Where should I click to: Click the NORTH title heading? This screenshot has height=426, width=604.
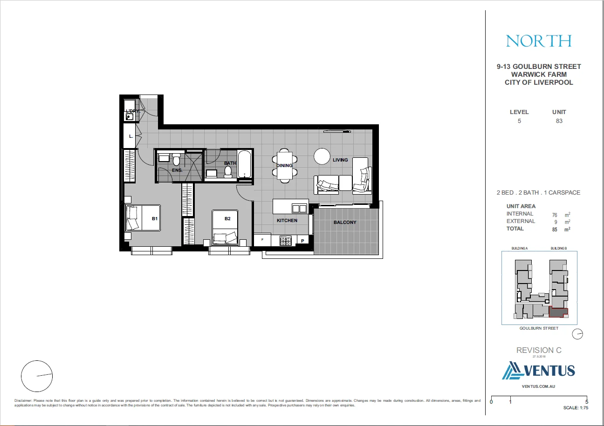539,41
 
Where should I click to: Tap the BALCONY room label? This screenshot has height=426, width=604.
345,223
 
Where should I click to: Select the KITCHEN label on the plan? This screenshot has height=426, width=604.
287,220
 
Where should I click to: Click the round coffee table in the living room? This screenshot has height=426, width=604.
322,156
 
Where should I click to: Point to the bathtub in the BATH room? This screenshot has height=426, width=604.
245,164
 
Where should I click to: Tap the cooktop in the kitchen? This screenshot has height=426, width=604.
285,241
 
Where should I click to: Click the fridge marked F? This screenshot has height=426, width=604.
263,240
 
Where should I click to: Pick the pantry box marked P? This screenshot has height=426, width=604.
302,241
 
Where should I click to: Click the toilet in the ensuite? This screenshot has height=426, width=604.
176,161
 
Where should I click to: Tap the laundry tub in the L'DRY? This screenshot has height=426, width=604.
130,117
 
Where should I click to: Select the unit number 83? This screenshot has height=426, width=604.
559,121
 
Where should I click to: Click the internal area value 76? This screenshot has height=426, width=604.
555,215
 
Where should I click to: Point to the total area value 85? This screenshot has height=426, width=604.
555,230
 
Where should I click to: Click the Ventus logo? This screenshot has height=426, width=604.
539,371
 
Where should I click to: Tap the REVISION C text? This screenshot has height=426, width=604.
539,350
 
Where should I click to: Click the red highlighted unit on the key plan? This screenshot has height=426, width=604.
559,312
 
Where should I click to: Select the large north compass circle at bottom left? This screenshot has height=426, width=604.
37,376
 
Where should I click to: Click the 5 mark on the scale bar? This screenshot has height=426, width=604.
586,400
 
